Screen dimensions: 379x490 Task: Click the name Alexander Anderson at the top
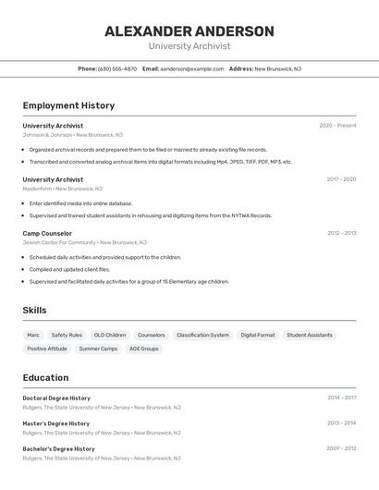[x=189, y=31]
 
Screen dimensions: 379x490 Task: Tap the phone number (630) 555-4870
[x=117, y=68]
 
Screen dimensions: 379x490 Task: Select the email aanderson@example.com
[x=191, y=68]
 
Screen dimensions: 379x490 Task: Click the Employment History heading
[x=68, y=105]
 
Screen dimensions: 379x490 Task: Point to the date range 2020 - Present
[x=337, y=126]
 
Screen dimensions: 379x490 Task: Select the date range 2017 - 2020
[x=341, y=179]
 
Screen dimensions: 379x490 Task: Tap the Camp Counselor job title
[x=47, y=233]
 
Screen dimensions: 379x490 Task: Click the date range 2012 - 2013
[x=341, y=233]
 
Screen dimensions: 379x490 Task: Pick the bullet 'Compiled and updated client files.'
[x=69, y=269]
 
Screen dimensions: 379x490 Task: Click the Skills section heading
[x=34, y=311]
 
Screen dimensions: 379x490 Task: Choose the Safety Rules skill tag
[x=67, y=335]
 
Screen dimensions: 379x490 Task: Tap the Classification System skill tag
[x=202, y=335]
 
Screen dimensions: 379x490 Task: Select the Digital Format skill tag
[x=258, y=335]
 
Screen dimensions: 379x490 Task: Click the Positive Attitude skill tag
[x=47, y=349]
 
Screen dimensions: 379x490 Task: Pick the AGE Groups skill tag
[x=143, y=349]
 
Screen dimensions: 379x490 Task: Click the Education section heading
[x=45, y=377]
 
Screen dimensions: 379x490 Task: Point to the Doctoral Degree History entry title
[x=56, y=398]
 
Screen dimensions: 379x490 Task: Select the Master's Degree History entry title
[x=56, y=423]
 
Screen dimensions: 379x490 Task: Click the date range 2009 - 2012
[x=341, y=448]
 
